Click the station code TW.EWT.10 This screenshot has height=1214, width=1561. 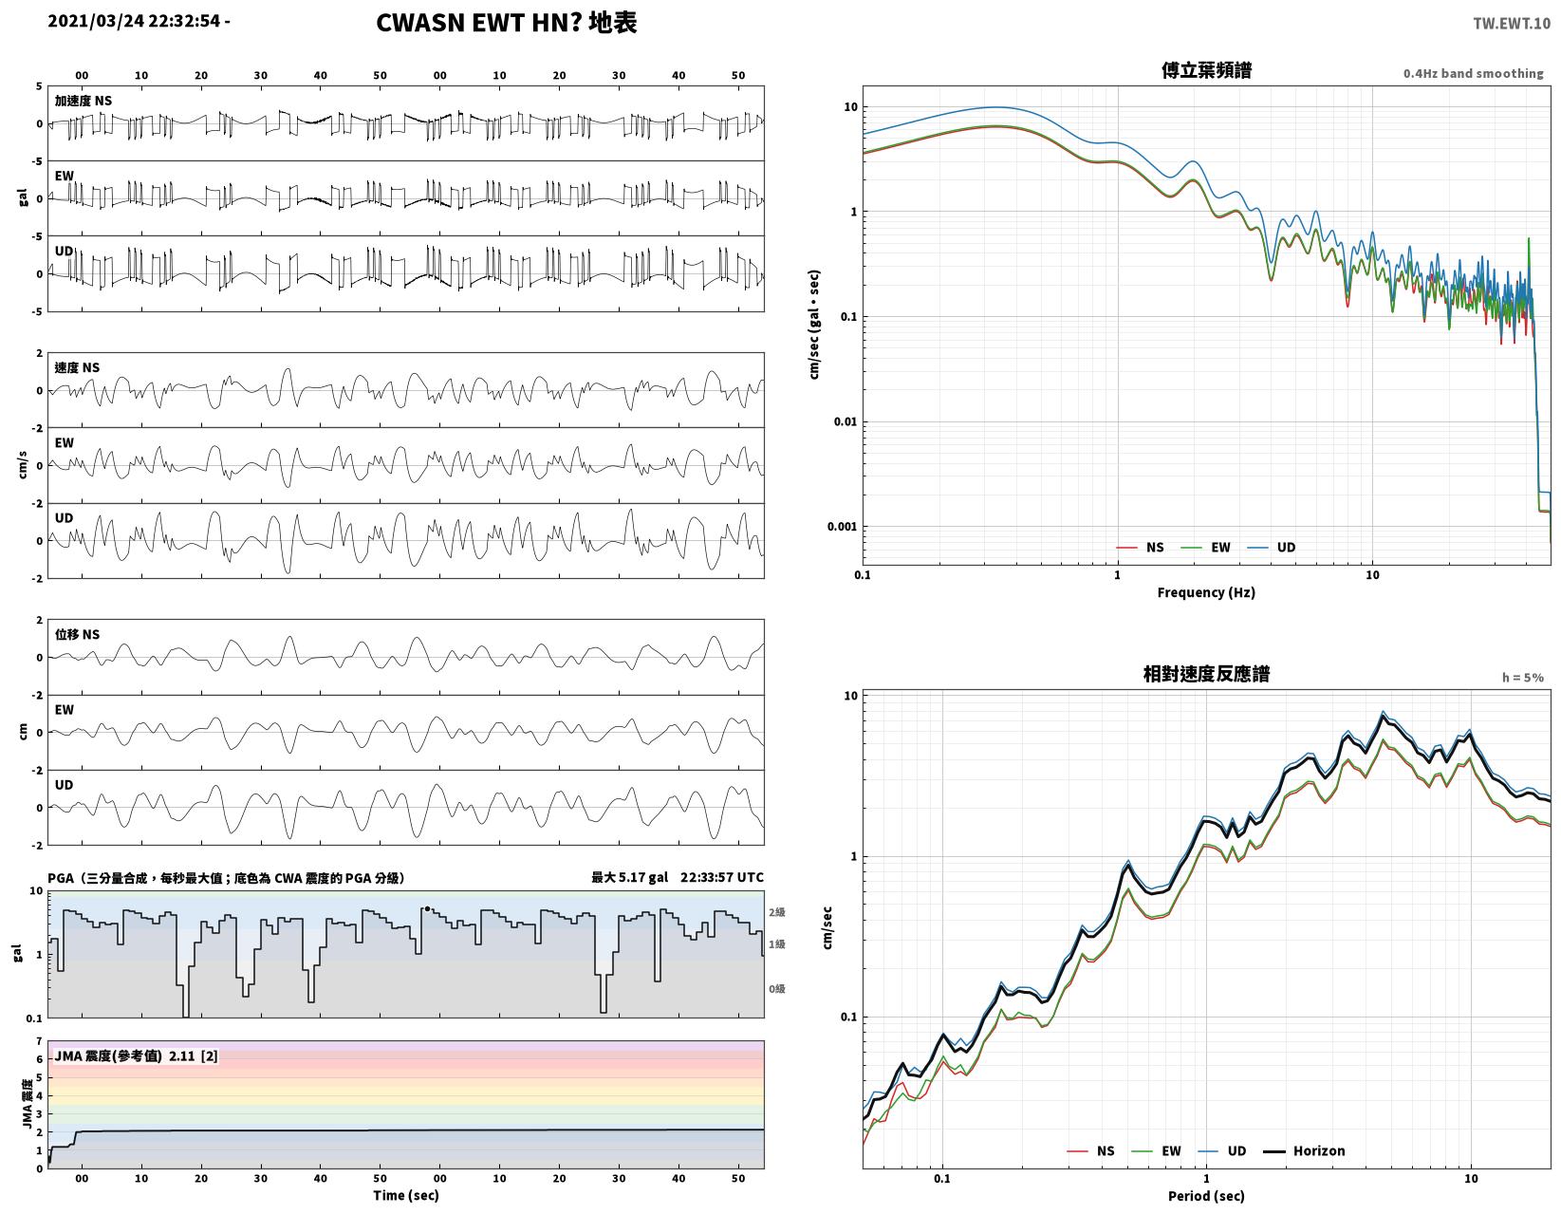pyautogui.click(x=1511, y=23)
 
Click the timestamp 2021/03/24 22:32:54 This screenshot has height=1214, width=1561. pyautogui.click(x=134, y=21)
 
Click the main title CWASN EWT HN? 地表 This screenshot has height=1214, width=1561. pyautogui.click(x=507, y=22)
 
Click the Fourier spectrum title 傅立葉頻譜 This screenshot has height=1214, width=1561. pyautogui.click(x=1206, y=69)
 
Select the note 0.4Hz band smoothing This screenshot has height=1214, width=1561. pyautogui.click(x=1473, y=73)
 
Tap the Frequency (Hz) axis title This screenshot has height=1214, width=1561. pyautogui.click(x=1205, y=592)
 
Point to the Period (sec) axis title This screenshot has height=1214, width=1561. pyautogui.click(x=1205, y=1195)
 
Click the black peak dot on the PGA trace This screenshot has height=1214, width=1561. pyautogui.click(x=427, y=908)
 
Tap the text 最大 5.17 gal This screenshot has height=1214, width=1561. pyautogui.click(x=629, y=877)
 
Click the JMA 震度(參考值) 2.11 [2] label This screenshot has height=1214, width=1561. pyautogui.click(x=136, y=1055)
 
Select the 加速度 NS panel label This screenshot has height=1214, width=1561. pyautogui.click(x=84, y=101)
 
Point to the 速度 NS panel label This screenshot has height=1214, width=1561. pyautogui.click(x=77, y=367)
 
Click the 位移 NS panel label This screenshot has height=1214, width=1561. pyautogui.click(x=77, y=634)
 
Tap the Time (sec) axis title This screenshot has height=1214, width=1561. pyautogui.click(x=406, y=1195)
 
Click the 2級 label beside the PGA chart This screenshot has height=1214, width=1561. pyautogui.click(x=776, y=911)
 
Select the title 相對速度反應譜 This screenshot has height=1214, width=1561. pyautogui.click(x=1206, y=673)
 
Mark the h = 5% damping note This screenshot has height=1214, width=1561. pyautogui.click(x=1522, y=677)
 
